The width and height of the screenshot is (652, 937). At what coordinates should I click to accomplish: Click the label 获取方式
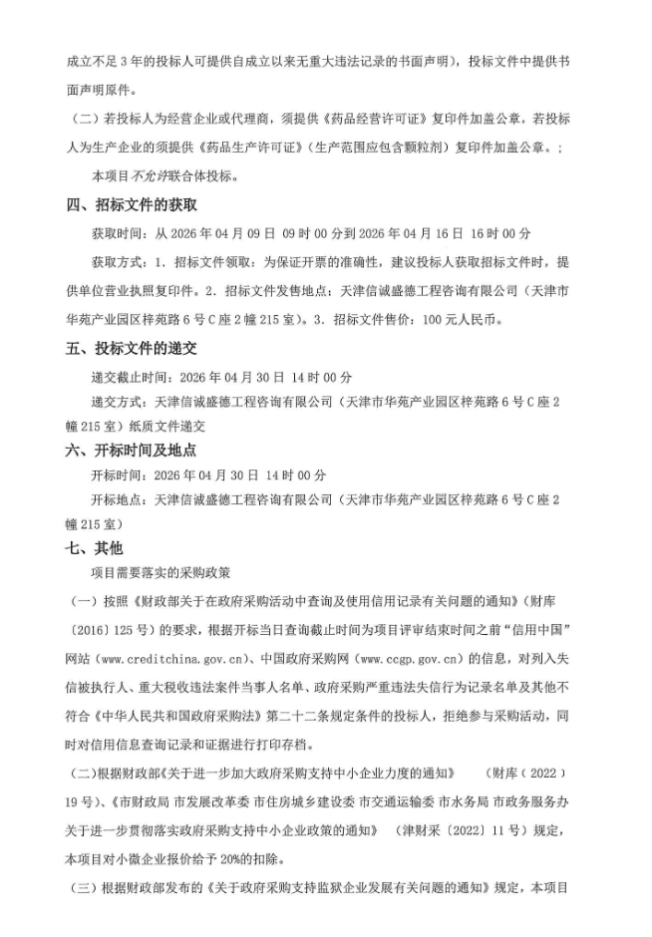click(x=116, y=262)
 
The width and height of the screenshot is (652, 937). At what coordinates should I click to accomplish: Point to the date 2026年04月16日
click(x=403, y=233)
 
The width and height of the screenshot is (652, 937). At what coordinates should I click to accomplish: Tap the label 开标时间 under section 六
click(x=116, y=474)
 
